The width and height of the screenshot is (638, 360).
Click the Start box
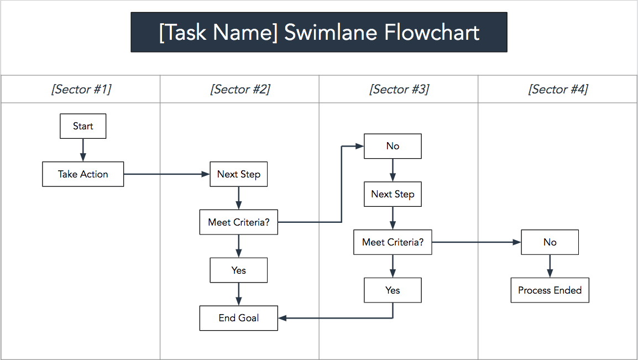[83, 126]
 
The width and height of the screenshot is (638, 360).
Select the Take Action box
[83, 174]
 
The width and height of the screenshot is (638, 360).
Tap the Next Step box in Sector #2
[238, 174]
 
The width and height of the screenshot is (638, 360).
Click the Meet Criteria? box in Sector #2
[238, 222]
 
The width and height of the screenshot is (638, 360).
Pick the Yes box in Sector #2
[238, 270]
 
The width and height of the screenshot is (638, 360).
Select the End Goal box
[238, 318]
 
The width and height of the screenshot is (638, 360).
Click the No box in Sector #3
[393, 146]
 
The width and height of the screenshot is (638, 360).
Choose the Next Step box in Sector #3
[393, 194]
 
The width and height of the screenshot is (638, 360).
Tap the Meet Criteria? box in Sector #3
[393, 242]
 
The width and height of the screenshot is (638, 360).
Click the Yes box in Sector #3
[393, 290]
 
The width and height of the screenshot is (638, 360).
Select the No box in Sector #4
[550, 242]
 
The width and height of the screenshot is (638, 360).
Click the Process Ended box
[550, 290]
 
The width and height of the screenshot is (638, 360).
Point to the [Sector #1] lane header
[81, 89]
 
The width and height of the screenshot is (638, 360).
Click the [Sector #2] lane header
[240, 89]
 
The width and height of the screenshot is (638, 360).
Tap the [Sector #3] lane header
[399, 89]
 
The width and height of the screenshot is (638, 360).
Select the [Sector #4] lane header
[558, 89]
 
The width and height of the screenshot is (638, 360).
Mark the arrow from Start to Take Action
[83, 150]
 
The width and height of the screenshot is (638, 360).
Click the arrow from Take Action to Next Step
[166, 174]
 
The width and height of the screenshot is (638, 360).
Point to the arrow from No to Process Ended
[550, 266]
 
